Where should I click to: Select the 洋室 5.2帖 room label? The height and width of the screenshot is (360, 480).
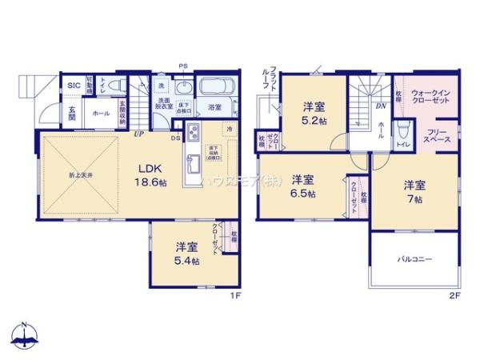pos(312,113)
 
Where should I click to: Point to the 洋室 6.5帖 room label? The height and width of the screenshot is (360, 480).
pos(302,186)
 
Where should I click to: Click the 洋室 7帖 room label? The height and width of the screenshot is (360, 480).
pos(414,190)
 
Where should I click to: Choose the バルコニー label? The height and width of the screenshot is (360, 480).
pos(414,259)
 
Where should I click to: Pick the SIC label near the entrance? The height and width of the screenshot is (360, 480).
pos(72,86)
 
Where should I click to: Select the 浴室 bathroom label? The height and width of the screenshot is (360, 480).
pos(214,107)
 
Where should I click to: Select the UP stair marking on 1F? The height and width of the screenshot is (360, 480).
pos(138,134)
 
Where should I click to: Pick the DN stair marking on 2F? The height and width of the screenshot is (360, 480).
pos(380,106)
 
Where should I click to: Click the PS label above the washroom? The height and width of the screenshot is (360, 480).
pos(183,66)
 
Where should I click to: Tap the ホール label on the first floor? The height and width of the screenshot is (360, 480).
pos(101,114)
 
